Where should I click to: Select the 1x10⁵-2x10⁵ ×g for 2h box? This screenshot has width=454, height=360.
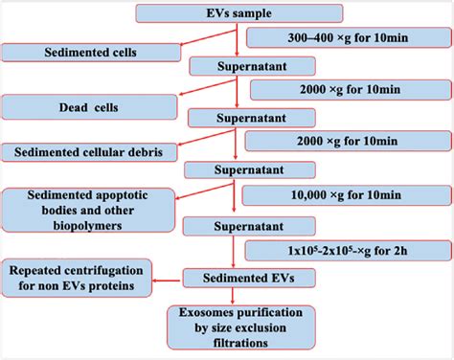pyautogui.click(x=341, y=251)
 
